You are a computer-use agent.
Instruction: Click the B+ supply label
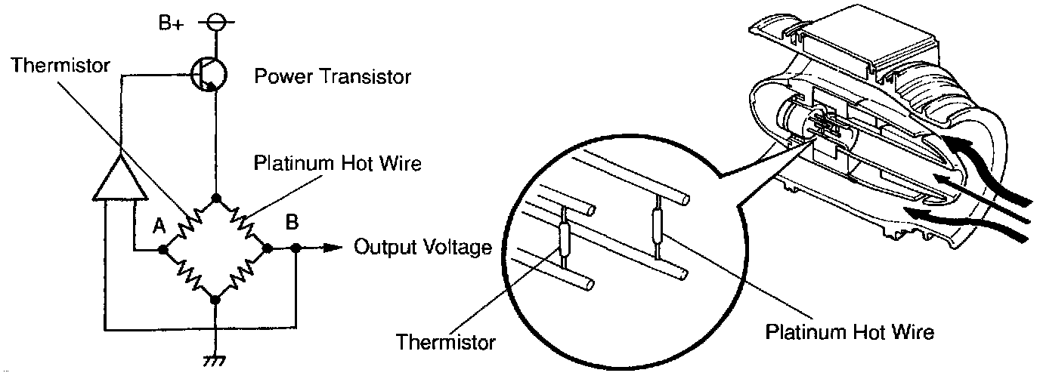[171, 23]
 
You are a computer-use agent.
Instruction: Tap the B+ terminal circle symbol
[215, 23]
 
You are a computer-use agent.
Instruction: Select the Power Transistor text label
[333, 76]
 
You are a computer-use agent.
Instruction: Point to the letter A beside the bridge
[159, 225]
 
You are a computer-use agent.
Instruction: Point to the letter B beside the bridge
[291, 223]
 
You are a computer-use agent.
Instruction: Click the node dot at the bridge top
[216, 199]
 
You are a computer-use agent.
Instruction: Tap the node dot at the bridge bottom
[216, 300]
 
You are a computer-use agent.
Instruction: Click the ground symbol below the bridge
[216, 361]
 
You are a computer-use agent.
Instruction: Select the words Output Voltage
[423, 247]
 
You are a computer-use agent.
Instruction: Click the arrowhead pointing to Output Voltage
[330, 247]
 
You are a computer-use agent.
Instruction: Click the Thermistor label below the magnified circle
[446, 341]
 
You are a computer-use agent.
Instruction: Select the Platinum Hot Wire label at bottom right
[850, 331]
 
